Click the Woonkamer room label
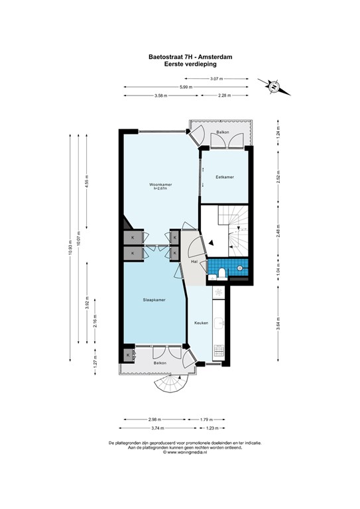coord(158,184)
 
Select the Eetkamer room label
coord(225,177)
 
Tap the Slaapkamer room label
coord(154,300)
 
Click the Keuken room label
coord(201,323)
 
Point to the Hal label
coord(195,262)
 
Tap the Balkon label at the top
coord(220,135)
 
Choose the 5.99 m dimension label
coord(185,87)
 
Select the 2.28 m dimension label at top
coord(225,96)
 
